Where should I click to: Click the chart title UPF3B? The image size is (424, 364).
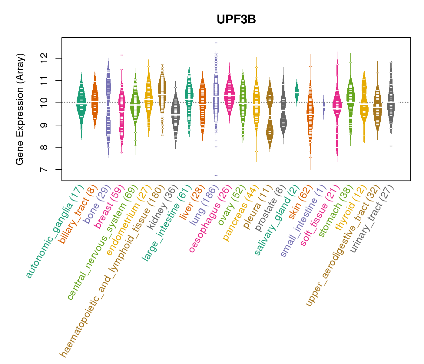(x=236, y=19)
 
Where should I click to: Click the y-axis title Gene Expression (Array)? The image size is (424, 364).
(x=20, y=109)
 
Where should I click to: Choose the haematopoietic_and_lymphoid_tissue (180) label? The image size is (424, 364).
(x=112, y=270)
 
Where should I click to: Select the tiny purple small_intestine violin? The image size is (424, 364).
(x=324, y=107)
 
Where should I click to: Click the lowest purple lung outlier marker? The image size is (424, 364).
(x=216, y=175)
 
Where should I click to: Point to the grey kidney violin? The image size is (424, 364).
(x=175, y=115)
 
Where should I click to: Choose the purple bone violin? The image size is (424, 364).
(x=108, y=106)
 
